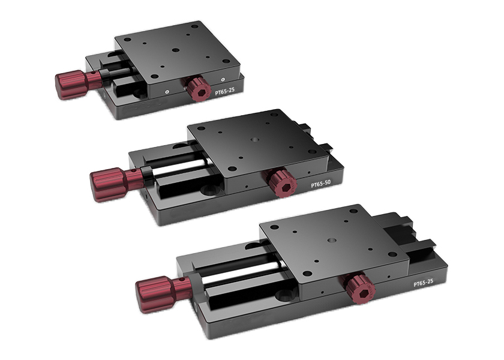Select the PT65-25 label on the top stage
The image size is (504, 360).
[x=224, y=91]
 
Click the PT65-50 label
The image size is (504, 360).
[x=320, y=184]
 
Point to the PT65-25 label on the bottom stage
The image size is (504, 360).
[x=423, y=283]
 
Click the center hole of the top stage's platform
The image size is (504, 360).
[x=175, y=50]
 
